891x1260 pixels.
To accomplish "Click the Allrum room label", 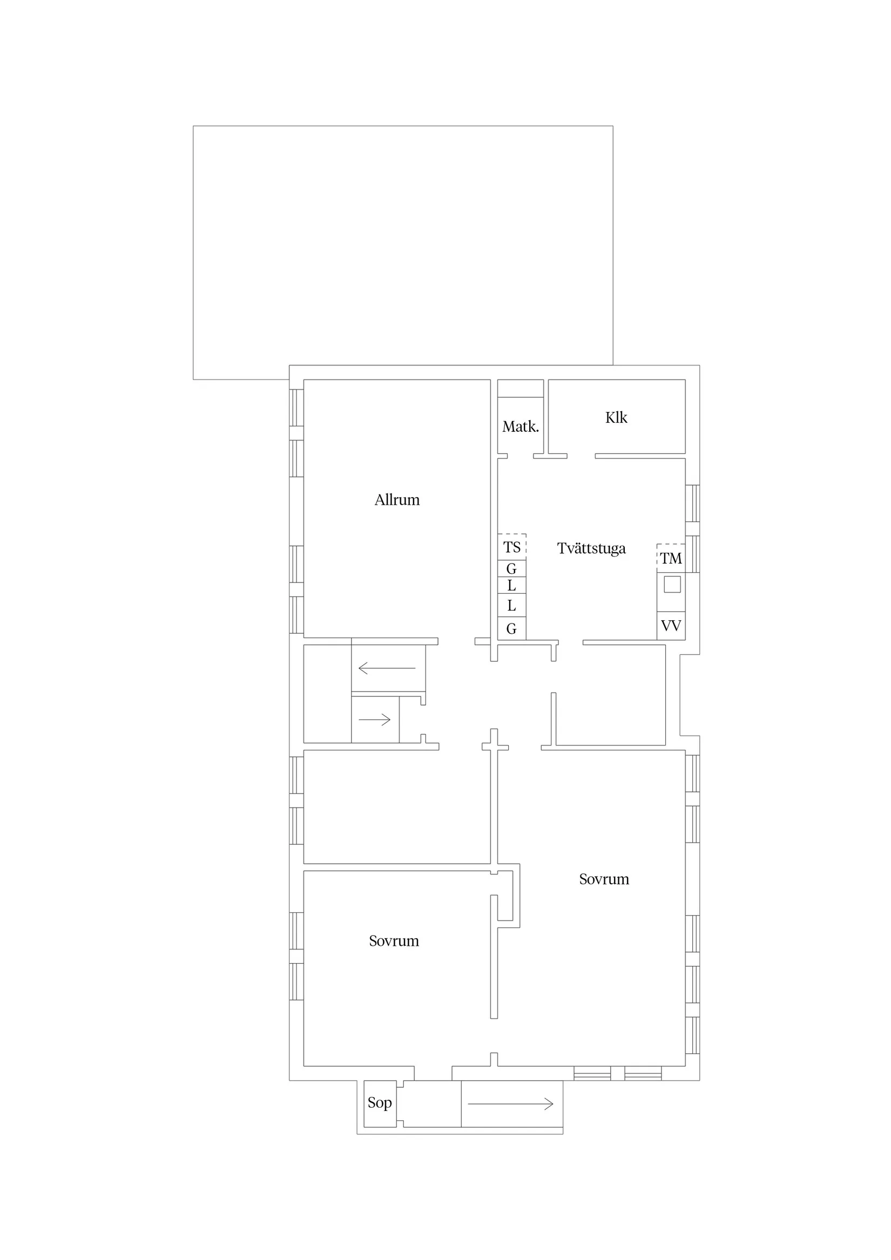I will tap(397, 500).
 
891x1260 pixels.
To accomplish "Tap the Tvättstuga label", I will tap(591, 548).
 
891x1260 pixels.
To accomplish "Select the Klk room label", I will tap(616, 418).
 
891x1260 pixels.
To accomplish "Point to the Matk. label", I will tap(521, 426).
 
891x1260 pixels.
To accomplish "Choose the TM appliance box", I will tap(671, 558).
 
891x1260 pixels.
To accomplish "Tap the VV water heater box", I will tap(671, 626).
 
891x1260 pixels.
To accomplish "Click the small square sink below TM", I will tap(672, 585).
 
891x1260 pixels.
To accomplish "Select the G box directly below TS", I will tap(512, 568).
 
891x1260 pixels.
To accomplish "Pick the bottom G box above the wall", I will tap(512, 628).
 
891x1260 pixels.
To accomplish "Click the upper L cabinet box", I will tap(512, 586).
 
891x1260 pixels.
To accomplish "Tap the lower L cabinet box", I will tap(512, 605).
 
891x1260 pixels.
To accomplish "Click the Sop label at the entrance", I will tap(379, 1102).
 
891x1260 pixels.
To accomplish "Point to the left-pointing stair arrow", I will tap(387, 668).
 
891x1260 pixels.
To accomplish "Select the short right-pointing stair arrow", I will tap(374, 720).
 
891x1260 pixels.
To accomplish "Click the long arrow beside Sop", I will tap(510, 1104).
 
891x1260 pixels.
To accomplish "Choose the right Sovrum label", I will tap(604, 879).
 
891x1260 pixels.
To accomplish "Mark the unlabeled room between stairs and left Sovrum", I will tap(396, 807).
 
